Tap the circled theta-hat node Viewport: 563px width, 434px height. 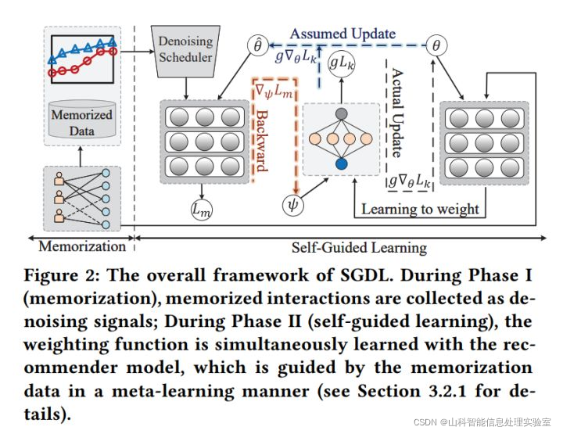click(258, 45)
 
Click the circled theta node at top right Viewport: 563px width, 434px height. click(436, 45)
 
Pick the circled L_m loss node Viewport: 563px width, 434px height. click(201, 210)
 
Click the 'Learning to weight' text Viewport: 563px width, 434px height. click(420, 209)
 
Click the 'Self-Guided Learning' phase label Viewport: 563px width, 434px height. click(359, 247)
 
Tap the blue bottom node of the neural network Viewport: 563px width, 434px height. click(341, 164)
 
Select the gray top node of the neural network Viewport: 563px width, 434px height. click(341, 114)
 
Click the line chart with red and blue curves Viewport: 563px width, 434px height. click(82, 59)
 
